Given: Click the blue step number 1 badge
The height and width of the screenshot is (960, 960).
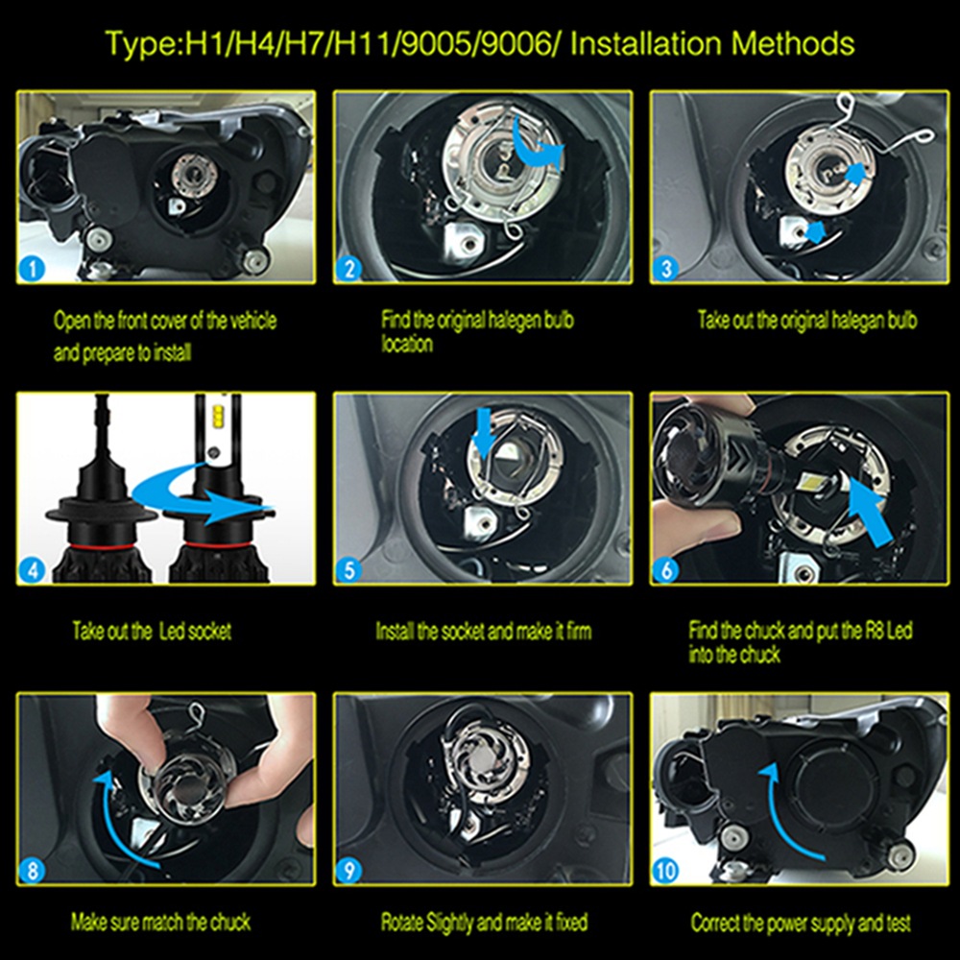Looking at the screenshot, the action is [x=32, y=268].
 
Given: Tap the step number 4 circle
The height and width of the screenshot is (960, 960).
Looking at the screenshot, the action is [x=32, y=570].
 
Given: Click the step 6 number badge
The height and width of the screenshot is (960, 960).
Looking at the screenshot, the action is [x=666, y=570].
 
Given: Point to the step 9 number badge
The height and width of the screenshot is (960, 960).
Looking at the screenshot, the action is [x=349, y=870].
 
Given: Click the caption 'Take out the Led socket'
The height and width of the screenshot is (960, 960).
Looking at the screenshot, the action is [x=152, y=631].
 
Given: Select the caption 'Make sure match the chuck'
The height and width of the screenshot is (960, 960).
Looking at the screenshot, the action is [x=160, y=922].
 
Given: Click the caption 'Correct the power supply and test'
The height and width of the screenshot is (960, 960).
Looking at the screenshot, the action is [x=801, y=922].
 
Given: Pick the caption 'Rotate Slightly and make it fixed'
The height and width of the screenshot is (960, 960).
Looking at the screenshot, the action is [x=484, y=922].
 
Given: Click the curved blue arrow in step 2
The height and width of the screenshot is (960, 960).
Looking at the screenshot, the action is [x=538, y=149].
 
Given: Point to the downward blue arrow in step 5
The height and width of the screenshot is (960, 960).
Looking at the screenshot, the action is [x=484, y=434].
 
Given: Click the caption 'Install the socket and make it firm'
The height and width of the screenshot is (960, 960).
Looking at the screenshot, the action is [x=484, y=631].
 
